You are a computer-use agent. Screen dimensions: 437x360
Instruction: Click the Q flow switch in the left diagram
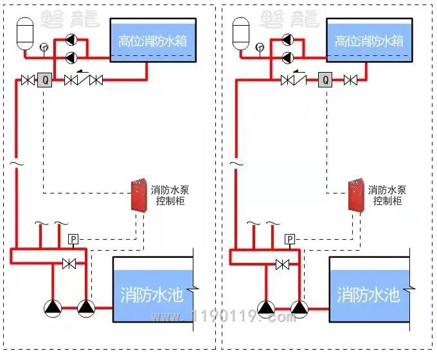(44, 80)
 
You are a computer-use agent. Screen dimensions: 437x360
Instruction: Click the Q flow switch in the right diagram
(325, 80)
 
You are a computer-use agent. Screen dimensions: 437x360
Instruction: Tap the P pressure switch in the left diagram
(73, 239)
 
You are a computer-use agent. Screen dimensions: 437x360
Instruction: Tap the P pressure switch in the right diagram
(290, 239)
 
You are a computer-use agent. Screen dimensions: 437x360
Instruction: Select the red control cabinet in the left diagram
(139, 195)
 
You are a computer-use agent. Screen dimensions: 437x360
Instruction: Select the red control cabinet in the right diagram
(356, 195)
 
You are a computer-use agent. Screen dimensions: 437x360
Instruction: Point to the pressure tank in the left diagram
(25, 33)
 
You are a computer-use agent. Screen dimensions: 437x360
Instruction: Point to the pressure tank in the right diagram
(240, 33)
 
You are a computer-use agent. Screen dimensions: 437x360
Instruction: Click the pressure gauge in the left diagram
(44, 47)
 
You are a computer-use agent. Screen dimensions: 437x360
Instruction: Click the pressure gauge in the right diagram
(260, 47)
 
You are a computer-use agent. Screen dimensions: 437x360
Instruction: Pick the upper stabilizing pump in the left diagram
(71, 40)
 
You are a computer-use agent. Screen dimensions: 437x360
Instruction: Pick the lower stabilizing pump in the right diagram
(288, 58)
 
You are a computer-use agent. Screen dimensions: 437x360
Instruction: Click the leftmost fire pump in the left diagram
(53, 308)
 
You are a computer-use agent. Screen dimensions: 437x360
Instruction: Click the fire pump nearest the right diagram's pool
(299, 309)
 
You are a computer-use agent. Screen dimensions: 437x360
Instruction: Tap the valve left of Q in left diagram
(28, 80)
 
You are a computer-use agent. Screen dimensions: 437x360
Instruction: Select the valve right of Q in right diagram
(350, 80)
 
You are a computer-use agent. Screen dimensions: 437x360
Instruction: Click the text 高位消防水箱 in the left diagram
(152, 41)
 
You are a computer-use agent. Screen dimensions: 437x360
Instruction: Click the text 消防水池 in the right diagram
(368, 294)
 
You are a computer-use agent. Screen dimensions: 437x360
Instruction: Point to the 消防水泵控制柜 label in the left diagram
(170, 195)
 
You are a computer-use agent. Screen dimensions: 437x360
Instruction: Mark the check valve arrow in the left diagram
(82, 71)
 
